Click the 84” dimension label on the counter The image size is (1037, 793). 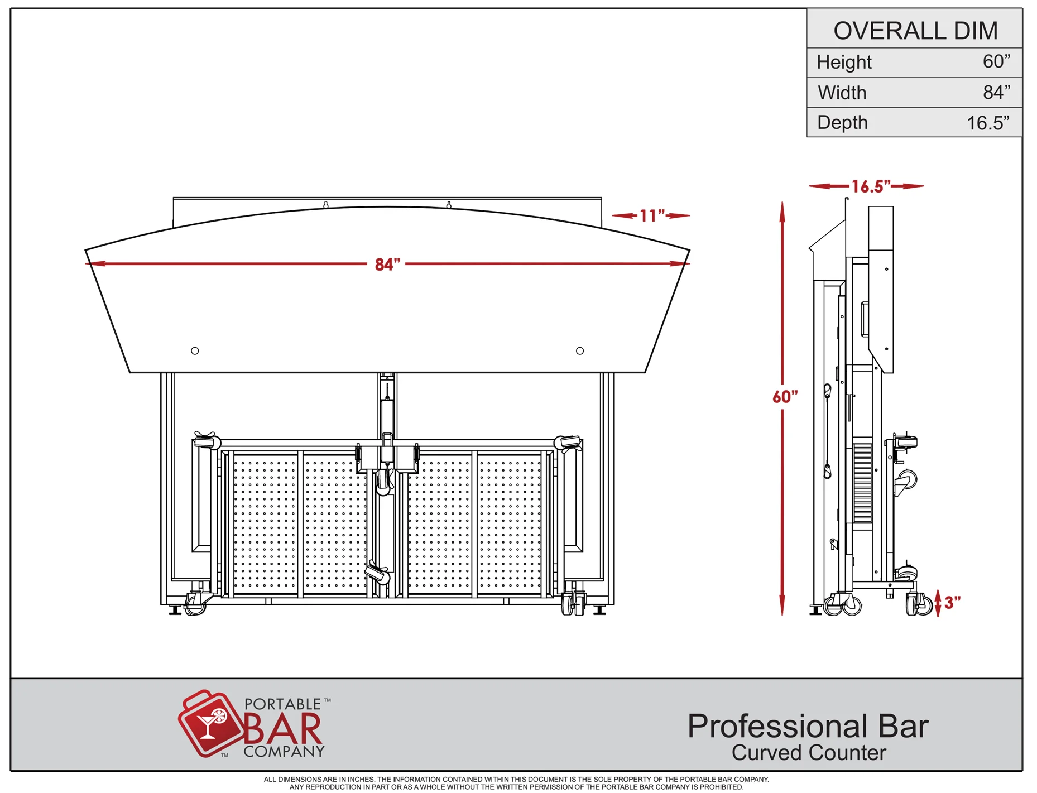(x=387, y=264)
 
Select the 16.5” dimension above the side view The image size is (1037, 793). (x=871, y=186)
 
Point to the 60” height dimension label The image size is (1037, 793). (x=785, y=397)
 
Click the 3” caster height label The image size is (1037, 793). (x=952, y=603)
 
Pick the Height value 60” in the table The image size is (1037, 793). (x=996, y=61)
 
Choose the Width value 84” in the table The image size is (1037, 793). (x=996, y=92)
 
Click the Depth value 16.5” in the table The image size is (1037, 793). (x=988, y=123)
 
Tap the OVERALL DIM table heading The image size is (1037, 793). (x=915, y=31)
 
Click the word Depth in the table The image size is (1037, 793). (x=842, y=122)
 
